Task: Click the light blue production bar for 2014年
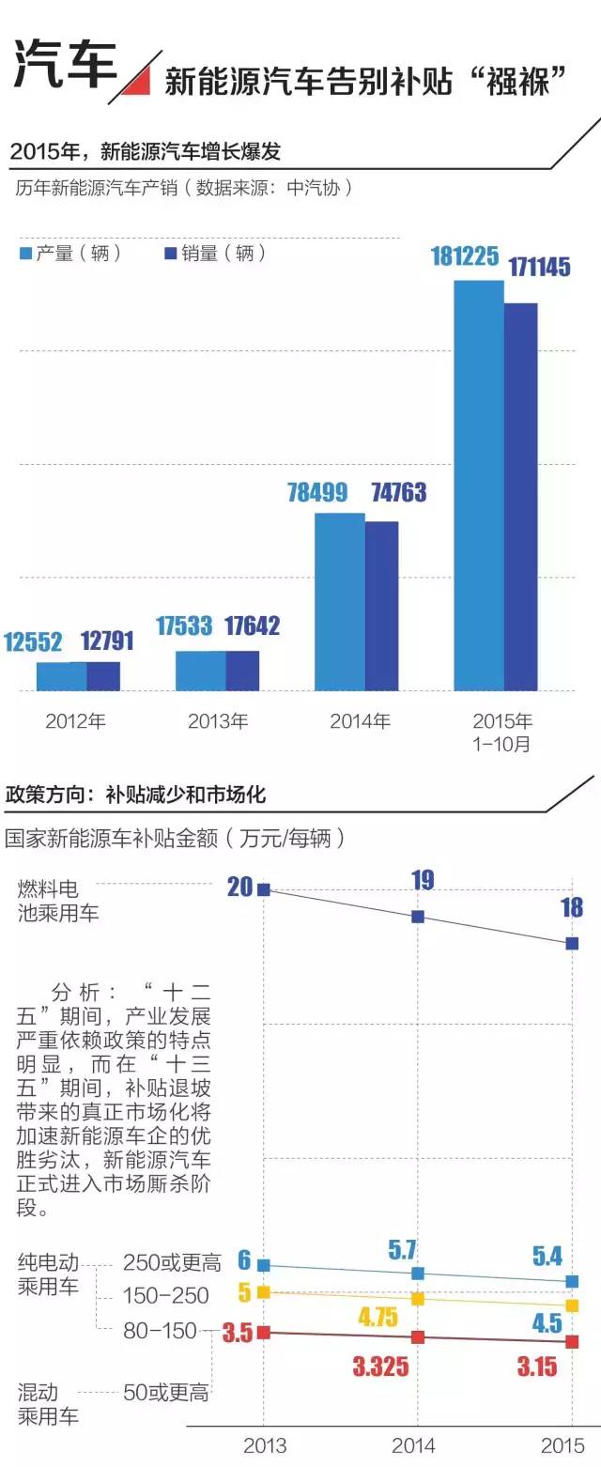[339, 601]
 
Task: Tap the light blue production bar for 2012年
[61, 676]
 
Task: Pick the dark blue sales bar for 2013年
[242, 671]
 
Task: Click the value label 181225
[465, 255]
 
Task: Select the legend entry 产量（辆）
[71, 253]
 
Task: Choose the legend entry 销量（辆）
[215, 253]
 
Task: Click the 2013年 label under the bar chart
[218, 722]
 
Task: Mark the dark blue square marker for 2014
[419, 916]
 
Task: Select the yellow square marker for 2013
[264, 1292]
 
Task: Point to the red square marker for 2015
[572, 1342]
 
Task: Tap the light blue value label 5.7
[402, 1249]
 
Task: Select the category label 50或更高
[166, 1393]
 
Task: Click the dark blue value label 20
[240, 886]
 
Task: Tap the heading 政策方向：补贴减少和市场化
[136, 795]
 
